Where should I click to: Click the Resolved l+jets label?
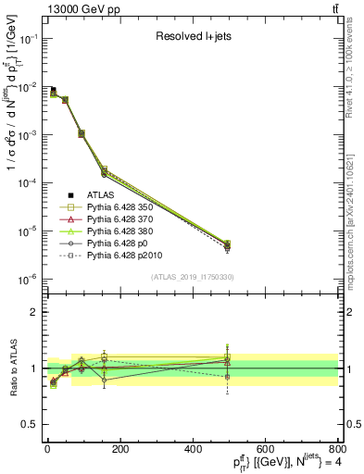pos(190,37)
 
